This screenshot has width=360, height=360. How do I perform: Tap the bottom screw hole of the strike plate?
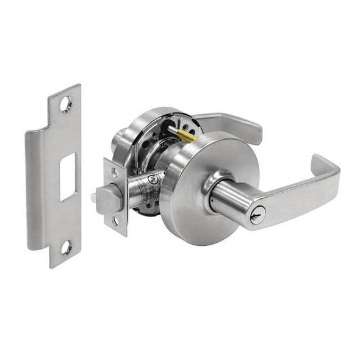pos(66,248)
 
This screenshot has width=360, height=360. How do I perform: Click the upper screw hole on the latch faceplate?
pos(115,174)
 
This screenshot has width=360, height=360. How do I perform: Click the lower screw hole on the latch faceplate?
pos(115,221)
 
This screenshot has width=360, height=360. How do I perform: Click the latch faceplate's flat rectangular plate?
pos(116,197)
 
